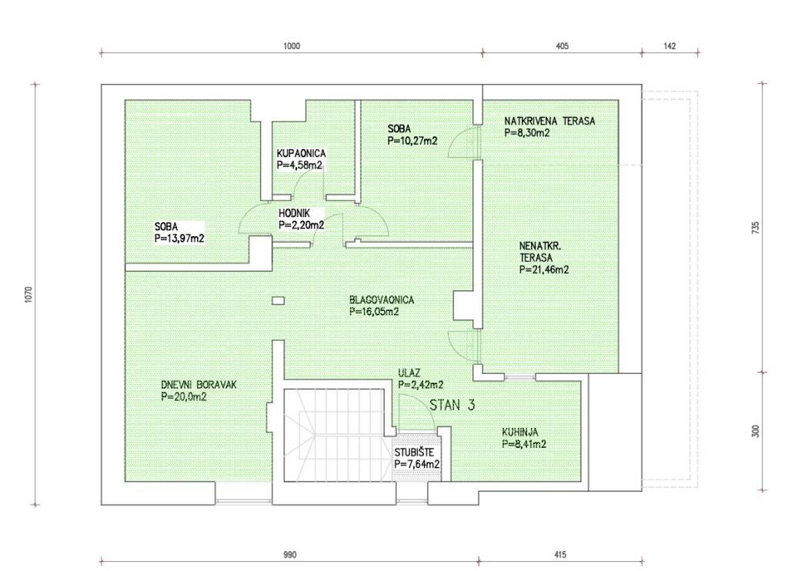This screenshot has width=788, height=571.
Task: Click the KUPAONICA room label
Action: (301, 153)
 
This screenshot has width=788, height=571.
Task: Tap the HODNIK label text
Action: (294, 214)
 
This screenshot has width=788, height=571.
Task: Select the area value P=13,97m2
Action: (179, 239)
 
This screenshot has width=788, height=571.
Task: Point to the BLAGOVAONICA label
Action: (382, 300)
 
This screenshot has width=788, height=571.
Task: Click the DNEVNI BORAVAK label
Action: (199, 385)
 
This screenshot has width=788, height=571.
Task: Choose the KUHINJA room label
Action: (519, 432)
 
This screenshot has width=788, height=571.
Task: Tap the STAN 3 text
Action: (452, 405)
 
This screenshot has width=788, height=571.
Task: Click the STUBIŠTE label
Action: (414, 452)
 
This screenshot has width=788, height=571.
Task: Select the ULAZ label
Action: (409, 373)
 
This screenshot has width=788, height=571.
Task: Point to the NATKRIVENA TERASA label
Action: (549, 121)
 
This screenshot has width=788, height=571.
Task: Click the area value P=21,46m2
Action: (544, 270)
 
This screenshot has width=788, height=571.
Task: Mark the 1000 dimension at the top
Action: (292, 46)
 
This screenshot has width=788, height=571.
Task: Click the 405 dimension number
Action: (563, 46)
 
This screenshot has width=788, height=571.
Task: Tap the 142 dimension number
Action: (670, 46)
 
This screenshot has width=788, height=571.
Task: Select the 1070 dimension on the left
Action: (28, 295)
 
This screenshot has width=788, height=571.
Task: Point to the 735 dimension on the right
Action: (756, 228)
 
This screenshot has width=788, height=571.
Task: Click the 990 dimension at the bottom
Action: (290, 555)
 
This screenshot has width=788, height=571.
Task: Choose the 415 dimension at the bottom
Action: (560, 555)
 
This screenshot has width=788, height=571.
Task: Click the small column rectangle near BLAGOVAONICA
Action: (279, 301)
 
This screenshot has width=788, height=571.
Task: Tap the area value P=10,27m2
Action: (412, 142)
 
